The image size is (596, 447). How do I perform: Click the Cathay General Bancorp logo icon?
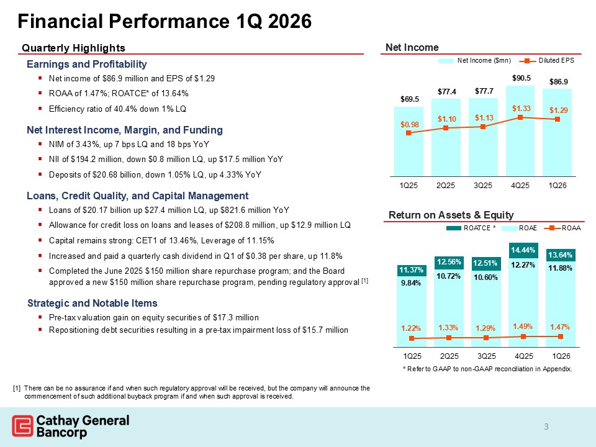click(22, 427)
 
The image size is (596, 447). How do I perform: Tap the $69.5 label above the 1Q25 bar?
click(409, 99)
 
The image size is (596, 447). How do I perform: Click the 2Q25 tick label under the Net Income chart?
click(446, 186)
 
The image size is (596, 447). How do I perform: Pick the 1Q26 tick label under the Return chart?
click(561, 357)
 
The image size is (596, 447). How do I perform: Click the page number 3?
click(546, 427)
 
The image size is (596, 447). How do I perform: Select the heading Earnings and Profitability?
click(87, 65)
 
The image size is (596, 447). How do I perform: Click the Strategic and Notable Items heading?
click(93, 303)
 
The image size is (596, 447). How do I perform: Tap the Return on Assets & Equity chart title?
click(451, 215)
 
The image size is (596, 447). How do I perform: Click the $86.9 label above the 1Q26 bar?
click(559, 81)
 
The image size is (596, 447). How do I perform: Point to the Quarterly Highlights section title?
click(74, 48)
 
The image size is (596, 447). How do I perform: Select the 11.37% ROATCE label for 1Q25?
click(410, 270)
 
